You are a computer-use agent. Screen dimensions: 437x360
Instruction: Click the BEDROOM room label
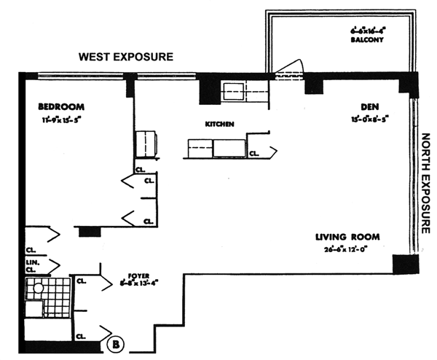[x=60, y=106]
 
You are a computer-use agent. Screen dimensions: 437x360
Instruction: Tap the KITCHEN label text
[x=219, y=125]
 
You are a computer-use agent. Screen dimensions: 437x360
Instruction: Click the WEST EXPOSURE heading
[x=126, y=56]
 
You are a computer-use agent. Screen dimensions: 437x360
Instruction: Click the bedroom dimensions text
[x=64, y=120]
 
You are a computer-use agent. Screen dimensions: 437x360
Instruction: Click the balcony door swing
[x=289, y=66]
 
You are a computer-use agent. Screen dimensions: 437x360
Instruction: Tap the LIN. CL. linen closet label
[x=32, y=265]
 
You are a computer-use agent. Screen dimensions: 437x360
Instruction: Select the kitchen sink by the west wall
[x=236, y=91]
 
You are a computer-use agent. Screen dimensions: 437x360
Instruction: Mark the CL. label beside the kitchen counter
[x=254, y=154]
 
